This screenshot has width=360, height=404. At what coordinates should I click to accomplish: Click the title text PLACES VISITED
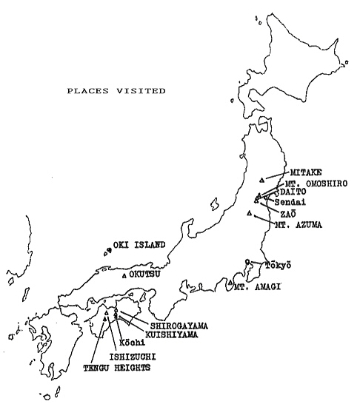(x=116, y=91)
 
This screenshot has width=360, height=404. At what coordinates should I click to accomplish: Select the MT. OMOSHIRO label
(x=312, y=183)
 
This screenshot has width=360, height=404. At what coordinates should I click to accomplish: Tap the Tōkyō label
(x=279, y=265)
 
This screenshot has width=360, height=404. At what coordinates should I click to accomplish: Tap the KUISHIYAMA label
(x=176, y=334)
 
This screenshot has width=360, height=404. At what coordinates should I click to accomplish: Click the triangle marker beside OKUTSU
(x=124, y=275)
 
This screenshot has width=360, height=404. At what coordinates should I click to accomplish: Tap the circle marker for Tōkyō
(x=248, y=261)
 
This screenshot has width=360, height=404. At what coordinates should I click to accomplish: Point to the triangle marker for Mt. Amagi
(x=231, y=283)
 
